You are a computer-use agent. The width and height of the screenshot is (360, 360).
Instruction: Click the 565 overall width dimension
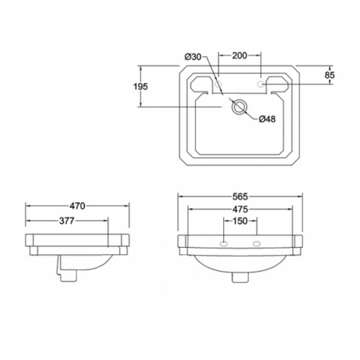pos(240,197)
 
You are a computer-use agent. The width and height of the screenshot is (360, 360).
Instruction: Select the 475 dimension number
pos(240,210)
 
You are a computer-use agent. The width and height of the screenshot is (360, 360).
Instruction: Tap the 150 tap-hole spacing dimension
pos(240,221)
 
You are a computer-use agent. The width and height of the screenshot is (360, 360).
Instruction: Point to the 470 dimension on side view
pos(77,206)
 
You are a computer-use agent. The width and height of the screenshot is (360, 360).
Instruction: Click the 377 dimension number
pos(67,221)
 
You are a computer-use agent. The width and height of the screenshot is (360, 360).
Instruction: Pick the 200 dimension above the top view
pos(240,55)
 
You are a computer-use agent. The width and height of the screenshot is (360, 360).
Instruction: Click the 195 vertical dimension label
pos(140,86)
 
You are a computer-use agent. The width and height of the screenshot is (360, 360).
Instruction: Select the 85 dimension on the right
pos(330,75)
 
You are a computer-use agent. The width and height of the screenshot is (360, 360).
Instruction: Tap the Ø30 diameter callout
pos(193,57)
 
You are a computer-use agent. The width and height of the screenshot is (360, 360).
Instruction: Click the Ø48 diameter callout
pos(267,119)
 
